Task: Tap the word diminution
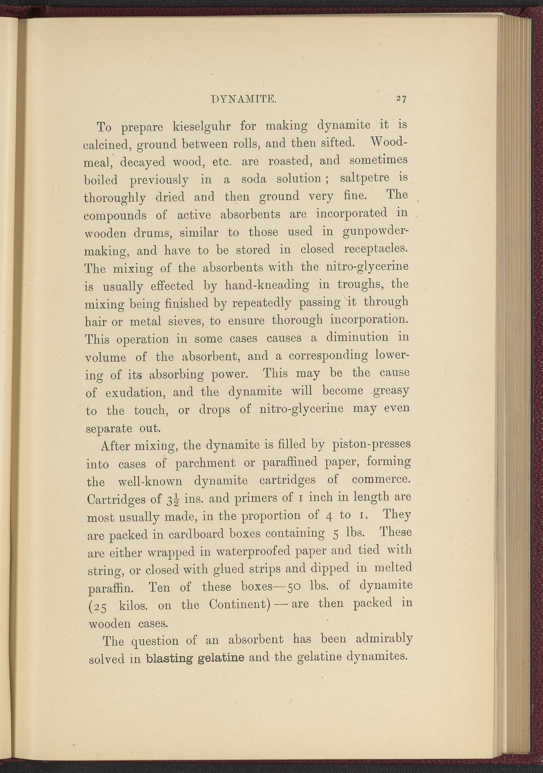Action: click(357, 337)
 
